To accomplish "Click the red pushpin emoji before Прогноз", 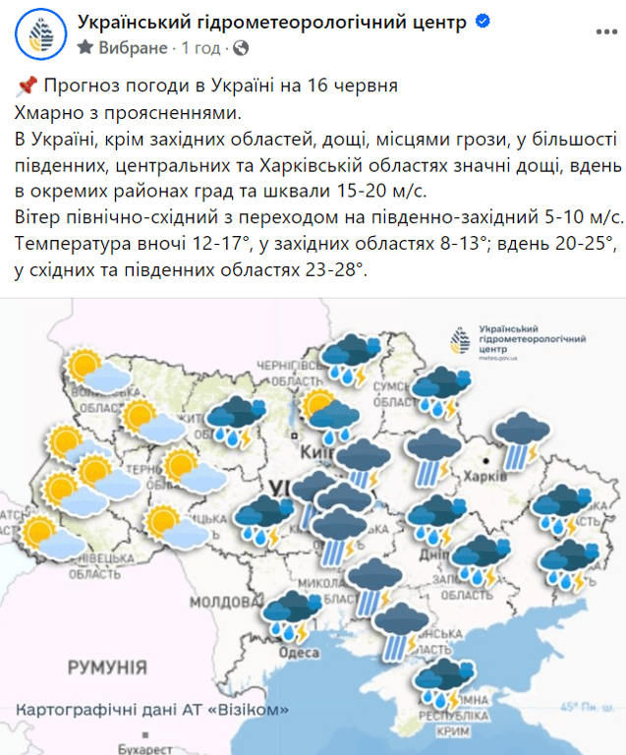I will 27,86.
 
